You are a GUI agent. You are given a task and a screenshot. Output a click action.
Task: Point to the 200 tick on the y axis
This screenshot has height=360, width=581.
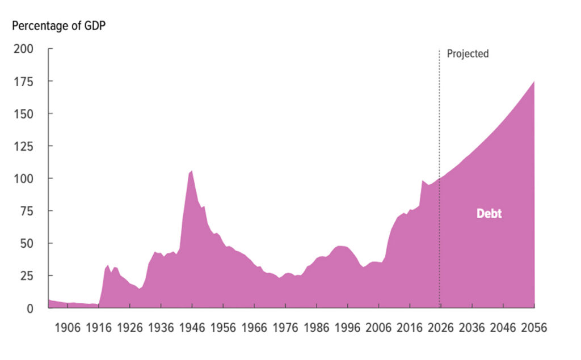(x=25, y=49)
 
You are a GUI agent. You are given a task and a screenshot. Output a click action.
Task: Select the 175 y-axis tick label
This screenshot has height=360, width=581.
(x=25, y=81)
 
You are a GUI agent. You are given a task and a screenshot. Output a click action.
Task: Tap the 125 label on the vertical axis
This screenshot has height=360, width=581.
(x=25, y=146)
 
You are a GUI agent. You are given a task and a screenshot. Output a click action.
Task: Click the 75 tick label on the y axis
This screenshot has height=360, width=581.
(x=28, y=211)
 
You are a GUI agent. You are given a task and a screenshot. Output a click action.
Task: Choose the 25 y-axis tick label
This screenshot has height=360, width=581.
(x=28, y=276)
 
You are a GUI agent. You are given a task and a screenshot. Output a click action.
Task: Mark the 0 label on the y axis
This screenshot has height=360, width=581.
(x=31, y=308)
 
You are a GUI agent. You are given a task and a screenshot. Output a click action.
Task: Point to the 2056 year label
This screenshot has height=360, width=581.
(x=533, y=328)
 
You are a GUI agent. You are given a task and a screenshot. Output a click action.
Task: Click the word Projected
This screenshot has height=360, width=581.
(x=468, y=54)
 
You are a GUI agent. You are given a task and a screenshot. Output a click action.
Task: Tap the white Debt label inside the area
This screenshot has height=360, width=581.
(x=489, y=214)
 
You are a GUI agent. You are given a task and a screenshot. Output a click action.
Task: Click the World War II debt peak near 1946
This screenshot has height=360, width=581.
(x=192, y=171)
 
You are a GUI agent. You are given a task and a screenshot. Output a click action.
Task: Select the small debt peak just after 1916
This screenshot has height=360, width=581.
(x=108, y=265)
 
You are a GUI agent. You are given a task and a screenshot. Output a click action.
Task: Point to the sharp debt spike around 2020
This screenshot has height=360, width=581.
(x=422, y=181)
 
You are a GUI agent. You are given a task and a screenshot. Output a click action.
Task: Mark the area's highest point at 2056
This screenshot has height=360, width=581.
(x=533, y=82)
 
